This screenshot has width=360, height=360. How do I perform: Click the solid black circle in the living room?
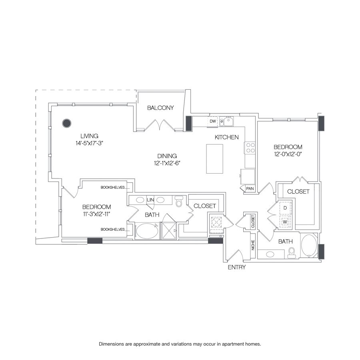point(66,123)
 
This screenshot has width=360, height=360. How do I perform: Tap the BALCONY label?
point(160,108)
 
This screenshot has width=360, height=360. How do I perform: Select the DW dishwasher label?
point(213,121)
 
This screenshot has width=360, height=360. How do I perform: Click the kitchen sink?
point(227,121)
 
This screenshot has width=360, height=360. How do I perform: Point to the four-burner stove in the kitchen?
point(250,148)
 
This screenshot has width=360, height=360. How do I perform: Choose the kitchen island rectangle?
point(214,159)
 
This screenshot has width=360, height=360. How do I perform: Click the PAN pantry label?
point(250,188)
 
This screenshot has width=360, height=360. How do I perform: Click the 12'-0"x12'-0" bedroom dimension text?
point(288,154)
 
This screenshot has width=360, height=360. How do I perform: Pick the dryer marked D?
point(285,208)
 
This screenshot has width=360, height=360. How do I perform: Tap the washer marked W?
point(285,221)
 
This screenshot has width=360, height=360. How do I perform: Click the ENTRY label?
point(237,267)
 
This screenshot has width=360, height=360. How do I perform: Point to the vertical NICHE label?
point(253,245)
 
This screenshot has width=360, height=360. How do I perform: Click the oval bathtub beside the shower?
point(147,231)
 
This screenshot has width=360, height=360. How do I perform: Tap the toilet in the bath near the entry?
point(292,252)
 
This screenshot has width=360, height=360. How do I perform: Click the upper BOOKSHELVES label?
point(113,187)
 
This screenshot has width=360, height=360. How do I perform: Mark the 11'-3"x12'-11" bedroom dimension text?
point(96,214)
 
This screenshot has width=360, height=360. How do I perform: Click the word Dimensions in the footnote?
point(113,344)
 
